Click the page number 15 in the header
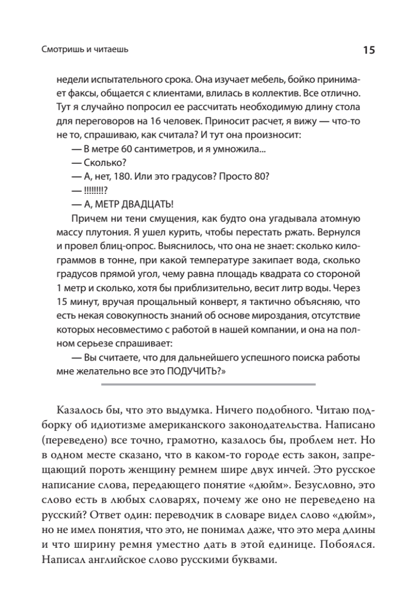pyautogui.click(x=369, y=50)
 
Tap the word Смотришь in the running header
pyautogui.click(x=60, y=50)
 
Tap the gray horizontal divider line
pyautogui.click(x=209, y=384)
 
